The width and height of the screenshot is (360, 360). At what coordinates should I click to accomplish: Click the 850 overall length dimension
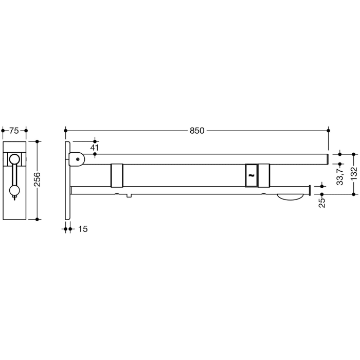coord(197,131)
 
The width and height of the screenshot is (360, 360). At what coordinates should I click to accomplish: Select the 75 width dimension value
coord(15,131)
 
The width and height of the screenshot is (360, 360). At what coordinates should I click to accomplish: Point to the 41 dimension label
coord(94,148)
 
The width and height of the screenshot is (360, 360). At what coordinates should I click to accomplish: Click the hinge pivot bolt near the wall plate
coord(77,159)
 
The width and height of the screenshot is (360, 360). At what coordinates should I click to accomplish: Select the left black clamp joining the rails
coord(117,175)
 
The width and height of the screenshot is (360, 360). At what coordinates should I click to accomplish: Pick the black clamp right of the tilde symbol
coord(264,175)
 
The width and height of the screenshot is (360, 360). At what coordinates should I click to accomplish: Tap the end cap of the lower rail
coord(308,190)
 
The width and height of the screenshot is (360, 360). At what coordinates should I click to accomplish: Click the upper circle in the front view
coord(15,159)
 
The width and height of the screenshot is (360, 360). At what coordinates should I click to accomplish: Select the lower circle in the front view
coord(15,191)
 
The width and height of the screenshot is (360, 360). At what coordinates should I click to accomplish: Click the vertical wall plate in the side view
coord(68,180)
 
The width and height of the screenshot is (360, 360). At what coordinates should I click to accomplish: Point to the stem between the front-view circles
coord(15,175)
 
